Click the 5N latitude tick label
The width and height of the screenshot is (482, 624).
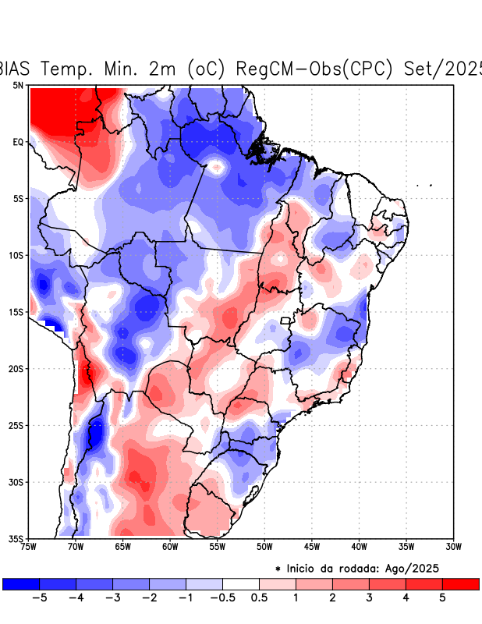pyautogui.click(x=17, y=85)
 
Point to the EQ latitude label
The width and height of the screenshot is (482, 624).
pyautogui.click(x=18, y=142)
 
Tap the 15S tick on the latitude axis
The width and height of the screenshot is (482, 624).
pyautogui.click(x=16, y=312)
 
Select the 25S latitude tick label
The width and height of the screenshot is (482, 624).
pyautogui.click(x=16, y=425)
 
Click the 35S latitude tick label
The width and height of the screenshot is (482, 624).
pyautogui.click(x=16, y=538)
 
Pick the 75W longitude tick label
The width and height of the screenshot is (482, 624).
pyautogui.click(x=30, y=547)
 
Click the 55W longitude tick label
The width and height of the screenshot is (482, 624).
pyautogui.click(x=218, y=547)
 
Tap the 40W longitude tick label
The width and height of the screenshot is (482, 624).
pyautogui.click(x=359, y=547)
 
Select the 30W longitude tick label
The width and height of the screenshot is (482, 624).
pyautogui.click(x=453, y=547)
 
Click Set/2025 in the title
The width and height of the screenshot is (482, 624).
pyautogui.click(x=444, y=69)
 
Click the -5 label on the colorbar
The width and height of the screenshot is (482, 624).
pyautogui.click(x=37, y=597)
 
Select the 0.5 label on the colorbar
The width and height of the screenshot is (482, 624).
pyautogui.click(x=259, y=597)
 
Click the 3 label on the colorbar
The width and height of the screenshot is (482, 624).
pyautogui.click(x=369, y=597)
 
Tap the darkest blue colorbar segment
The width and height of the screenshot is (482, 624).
pyautogui.click(x=21, y=583)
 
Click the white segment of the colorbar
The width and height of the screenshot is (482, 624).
pyautogui.click(x=241, y=583)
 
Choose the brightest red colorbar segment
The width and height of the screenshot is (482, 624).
pyautogui.click(x=460, y=583)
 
